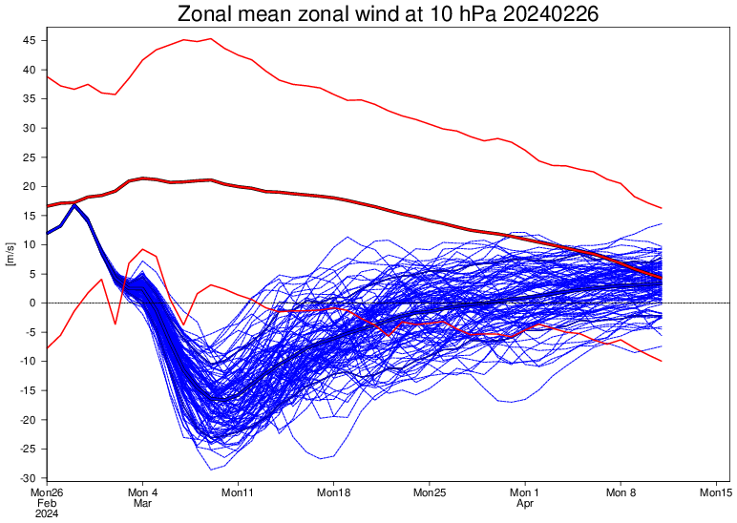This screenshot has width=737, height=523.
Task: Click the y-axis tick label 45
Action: pos(31,41)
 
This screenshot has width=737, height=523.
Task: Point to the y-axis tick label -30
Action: pos(29,478)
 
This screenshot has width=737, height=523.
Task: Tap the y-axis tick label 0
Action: pos(33,303)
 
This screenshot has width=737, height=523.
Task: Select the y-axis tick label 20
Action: pos(31,187)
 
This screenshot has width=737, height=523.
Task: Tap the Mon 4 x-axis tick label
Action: pos(142,492)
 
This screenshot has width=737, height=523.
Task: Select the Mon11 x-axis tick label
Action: pos(238,492)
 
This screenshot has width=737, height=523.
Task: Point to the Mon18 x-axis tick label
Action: pos(334,492)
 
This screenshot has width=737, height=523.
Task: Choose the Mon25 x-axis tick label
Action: pos(430,492)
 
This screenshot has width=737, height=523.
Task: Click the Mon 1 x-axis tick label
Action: pos(525,492)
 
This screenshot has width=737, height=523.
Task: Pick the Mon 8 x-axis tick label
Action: pos(621,492)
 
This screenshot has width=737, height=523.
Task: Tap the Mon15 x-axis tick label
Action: pos(716,492)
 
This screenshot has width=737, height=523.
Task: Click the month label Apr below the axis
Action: pos(525,503)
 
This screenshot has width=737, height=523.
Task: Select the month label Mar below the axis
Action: pos(142,503)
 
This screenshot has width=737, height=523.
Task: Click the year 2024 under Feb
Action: pos(48,513)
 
